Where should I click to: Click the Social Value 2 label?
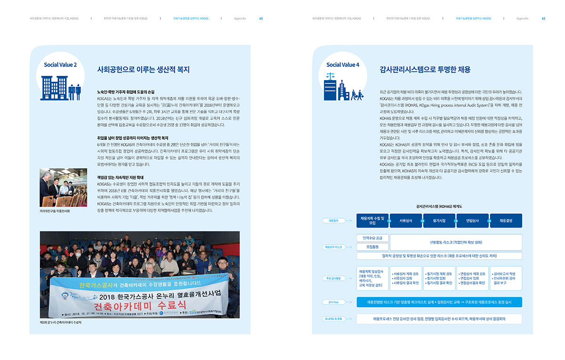tap(60, 65)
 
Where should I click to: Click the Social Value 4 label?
tap(343, 65)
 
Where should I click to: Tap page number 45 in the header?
tap(261, 18)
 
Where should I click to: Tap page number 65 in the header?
tap(543, 18)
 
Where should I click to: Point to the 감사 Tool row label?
tap(333, 302)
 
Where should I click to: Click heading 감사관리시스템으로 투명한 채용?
tap(425, 70)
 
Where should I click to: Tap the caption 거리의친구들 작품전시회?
tap(58, 211)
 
